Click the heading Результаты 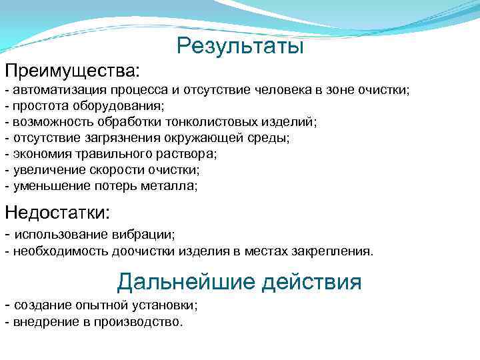[x=240, y=46]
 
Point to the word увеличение [x=45, y=170]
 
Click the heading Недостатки [x=57, y=213]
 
